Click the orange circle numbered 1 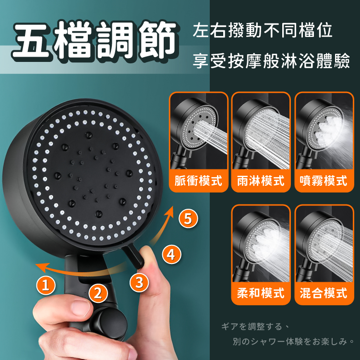pos(46,286)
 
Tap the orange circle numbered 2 pos(98,293)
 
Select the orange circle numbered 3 pos(139,282)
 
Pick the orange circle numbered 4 pos(171,254)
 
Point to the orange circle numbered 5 pos(188,218)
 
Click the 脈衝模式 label pos(198,180)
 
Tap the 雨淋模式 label pos(261,180)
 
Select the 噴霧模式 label pos(324,180)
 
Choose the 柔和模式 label pos(261,293)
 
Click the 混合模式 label pos(324,293)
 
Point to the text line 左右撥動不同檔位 pos(263,30)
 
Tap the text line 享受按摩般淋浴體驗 pos(271,61)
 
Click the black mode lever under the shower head pos(134,257)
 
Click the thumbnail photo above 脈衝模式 pos(199,131)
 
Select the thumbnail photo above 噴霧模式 pos(324,131)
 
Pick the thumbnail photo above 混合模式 pos(324,243)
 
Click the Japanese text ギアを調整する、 pos(255,326)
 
